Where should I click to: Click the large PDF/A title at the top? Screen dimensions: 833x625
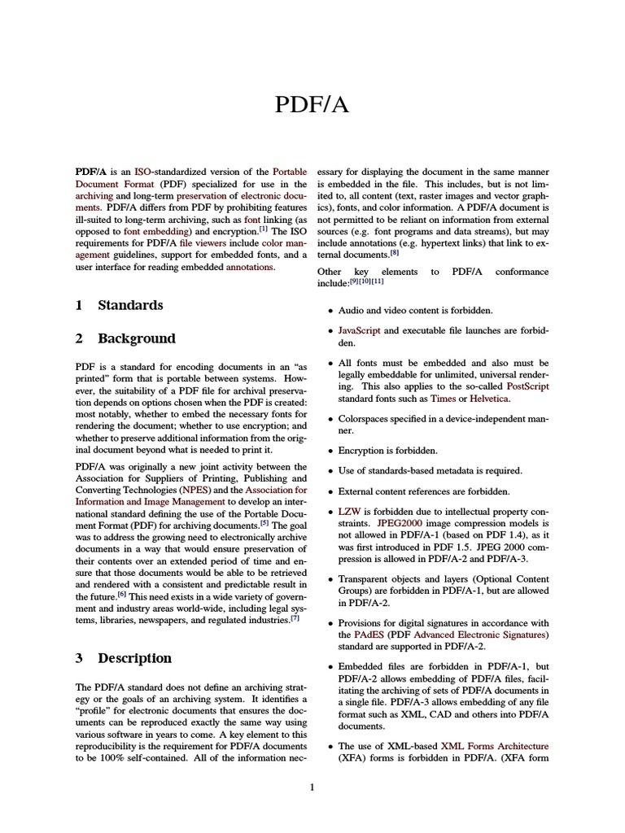(312, 105)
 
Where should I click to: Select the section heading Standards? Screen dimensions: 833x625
(130, 305)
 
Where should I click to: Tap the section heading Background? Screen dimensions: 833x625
(137, 338)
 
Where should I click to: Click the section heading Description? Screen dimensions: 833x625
(134, 658)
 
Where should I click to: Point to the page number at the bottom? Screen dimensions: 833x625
(312, 787)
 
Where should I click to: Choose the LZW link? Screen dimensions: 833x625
(349, 512)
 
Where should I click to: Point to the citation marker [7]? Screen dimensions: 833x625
(295, 617)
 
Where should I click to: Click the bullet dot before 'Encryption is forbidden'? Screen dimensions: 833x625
(330, 451)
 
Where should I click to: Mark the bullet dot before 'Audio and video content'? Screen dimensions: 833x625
(330, 312)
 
